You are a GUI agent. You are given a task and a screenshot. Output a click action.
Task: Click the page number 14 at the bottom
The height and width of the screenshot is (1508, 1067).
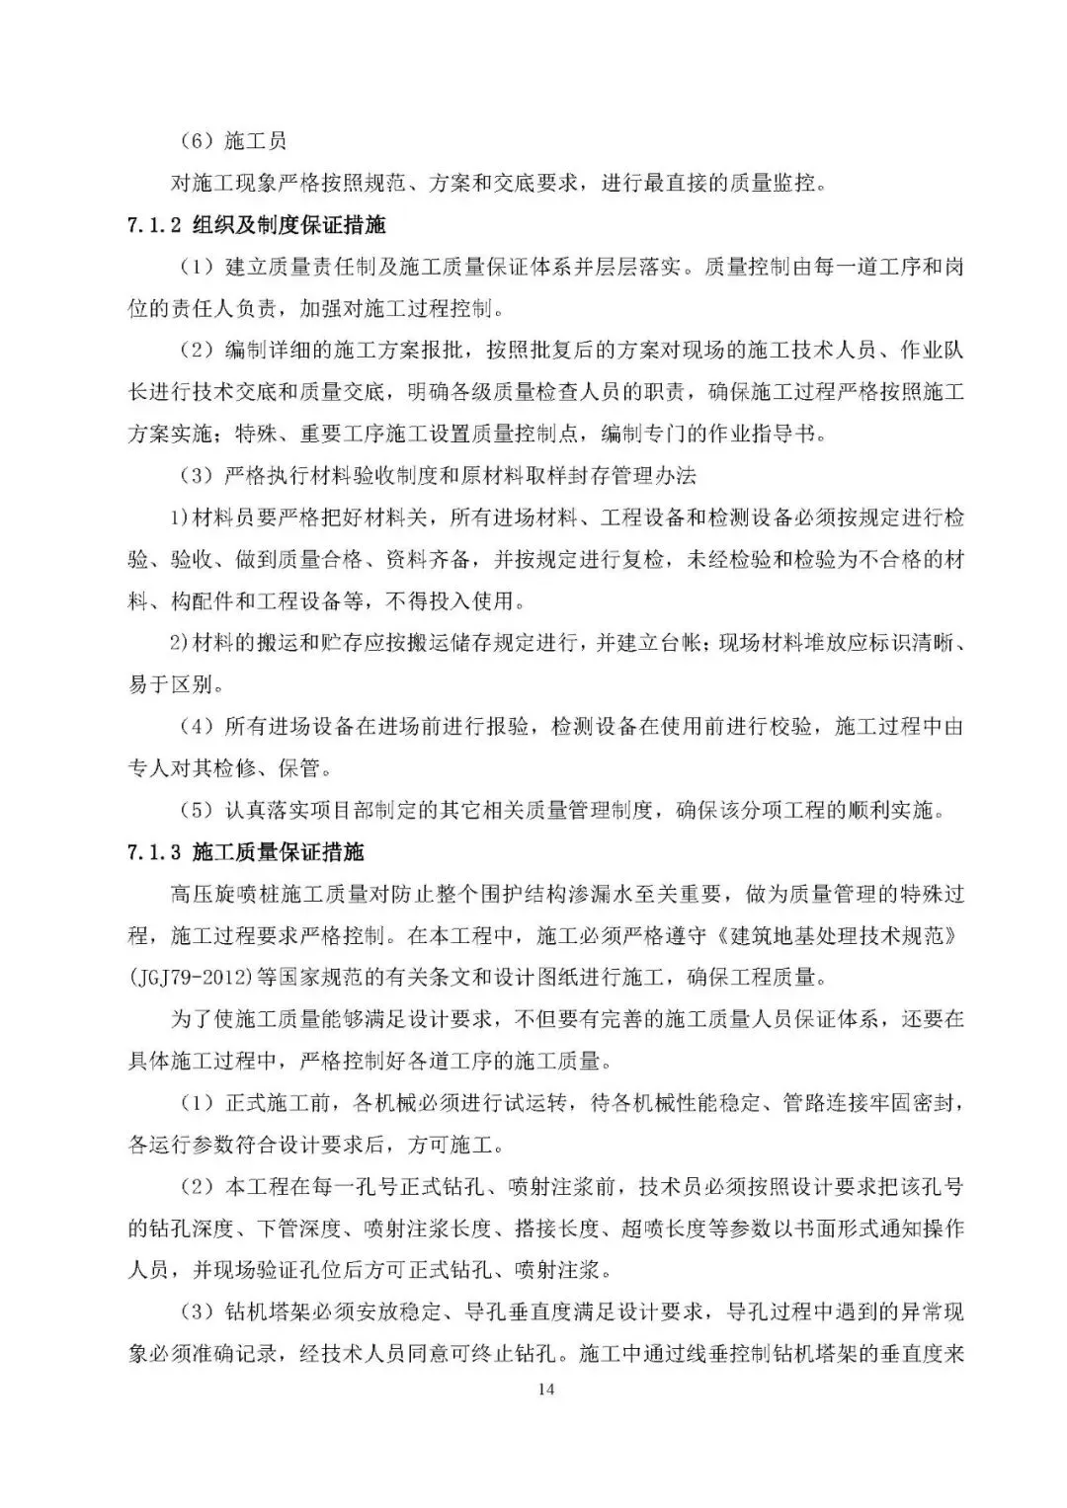point(547,1389)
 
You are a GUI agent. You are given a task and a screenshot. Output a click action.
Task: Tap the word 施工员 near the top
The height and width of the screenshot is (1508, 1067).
point(255,141)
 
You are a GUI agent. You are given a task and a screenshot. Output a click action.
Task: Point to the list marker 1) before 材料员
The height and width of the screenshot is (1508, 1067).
point(178,517)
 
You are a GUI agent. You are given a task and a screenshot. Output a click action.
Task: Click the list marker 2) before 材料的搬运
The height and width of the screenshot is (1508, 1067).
point(178,643)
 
